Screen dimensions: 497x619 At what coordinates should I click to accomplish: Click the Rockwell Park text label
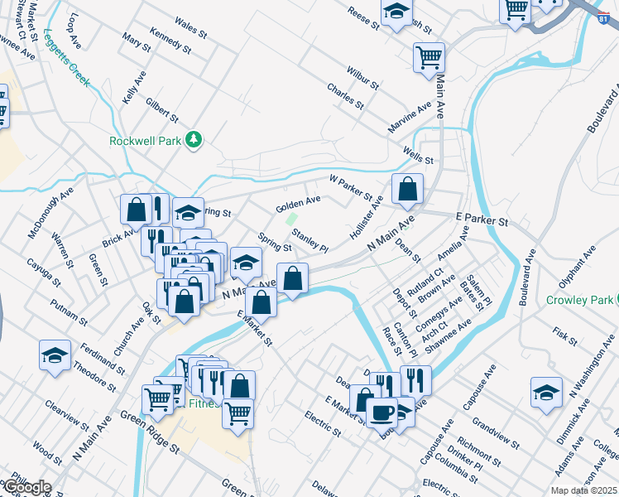click(145, 141)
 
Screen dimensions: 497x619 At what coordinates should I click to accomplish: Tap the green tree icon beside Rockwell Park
click(194, 140)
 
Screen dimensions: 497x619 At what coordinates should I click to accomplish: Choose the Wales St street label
click(191, 30)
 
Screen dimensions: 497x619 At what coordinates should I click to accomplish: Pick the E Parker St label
click(482, 220)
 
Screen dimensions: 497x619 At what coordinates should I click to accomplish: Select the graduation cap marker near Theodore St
click(55, 356)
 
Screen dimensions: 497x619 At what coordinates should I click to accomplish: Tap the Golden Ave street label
click(298, 202)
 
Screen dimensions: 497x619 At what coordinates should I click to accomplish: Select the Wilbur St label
click(362, 80)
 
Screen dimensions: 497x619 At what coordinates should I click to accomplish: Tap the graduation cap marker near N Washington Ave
click(546, 393)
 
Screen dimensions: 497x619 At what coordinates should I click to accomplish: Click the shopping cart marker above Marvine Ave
click(429, 58)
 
